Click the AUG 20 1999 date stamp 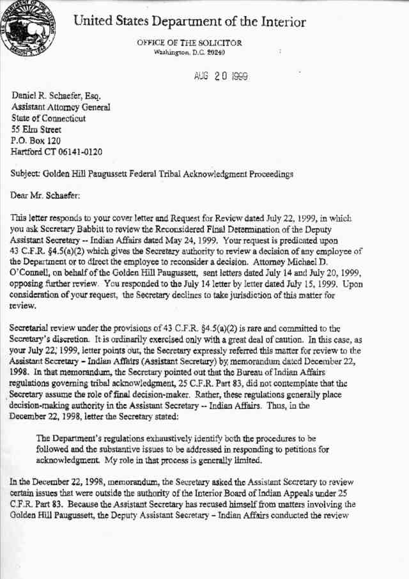pyautogui.click(x=220, y=76)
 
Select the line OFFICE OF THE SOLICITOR pyautogui.click(x=189, y=42)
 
